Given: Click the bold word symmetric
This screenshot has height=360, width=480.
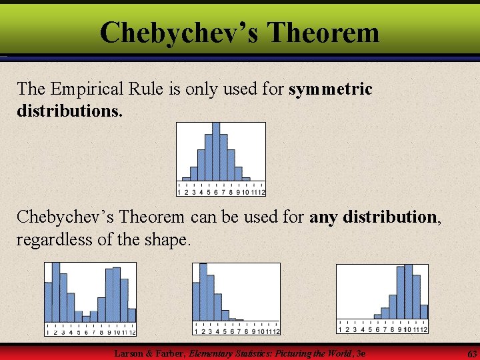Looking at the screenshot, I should (x=331, y=89).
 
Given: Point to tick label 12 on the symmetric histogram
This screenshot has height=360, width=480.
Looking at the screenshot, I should (x=262, y=192).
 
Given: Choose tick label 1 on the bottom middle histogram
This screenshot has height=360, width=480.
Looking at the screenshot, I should (x=196, y=331).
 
